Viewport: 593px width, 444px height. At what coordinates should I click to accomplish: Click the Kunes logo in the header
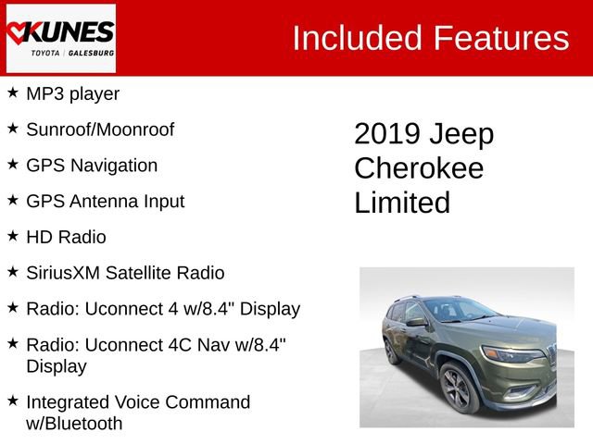[x=60, y=38]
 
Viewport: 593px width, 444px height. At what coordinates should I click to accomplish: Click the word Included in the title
[x=357, y=38]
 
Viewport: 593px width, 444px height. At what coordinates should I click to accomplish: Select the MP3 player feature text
[x=72, y=93]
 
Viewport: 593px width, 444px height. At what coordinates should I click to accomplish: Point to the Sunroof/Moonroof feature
[x=99, y=129]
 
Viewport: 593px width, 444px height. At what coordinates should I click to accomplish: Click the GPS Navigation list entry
[x=92, y=166]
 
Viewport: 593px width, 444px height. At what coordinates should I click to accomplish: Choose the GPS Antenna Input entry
[x=105, y=201]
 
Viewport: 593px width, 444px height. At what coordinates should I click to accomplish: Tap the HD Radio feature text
[x=66, y=237]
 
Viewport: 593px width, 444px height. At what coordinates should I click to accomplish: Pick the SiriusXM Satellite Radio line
[x=125, y=273]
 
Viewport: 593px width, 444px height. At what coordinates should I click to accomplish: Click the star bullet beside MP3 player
[x=12, y=92]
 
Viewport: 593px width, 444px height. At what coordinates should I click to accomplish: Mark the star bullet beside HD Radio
[x=12, y=236]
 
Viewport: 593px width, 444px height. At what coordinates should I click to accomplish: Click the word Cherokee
[x=419, y=168]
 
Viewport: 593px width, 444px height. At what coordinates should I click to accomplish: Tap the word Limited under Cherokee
[x=402, y=203]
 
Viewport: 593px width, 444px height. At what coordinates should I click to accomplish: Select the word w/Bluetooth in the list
[x=74, y=424]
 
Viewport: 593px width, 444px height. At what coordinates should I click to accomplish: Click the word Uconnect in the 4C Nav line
[x=122, y=344]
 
